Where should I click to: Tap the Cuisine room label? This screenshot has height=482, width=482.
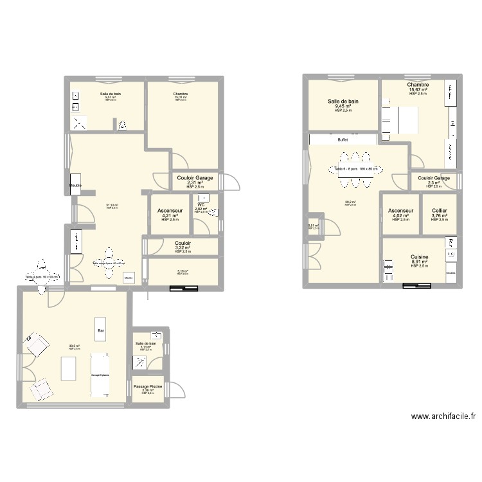coord(420,257)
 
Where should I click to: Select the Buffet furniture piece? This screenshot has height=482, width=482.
coord(343,139)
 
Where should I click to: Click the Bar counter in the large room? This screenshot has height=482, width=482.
coord(101,330)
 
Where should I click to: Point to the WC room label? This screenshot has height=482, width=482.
coord(201,205)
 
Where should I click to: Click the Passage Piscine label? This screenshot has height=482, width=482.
coord(148,386)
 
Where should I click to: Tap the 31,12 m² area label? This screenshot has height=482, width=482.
coord(112,206)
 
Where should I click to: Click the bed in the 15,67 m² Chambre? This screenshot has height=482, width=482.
coord(406,120)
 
